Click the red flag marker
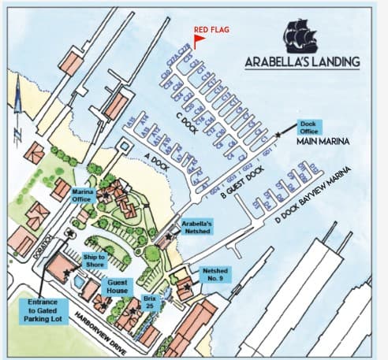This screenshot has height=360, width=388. pyautogui.click(x=199, y=37)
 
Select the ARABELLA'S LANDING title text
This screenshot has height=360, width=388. pyautogui.click(x=302, y=61)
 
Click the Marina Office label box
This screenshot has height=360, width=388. pyautogui.click(x=84, y=195)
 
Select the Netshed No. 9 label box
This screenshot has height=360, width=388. pyautogui.click(x=216, y=274)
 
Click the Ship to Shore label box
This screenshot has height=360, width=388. pyautogui.click(x=95, y=261)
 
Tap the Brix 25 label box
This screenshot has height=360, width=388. pyautogui.click(x=149, y=302)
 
